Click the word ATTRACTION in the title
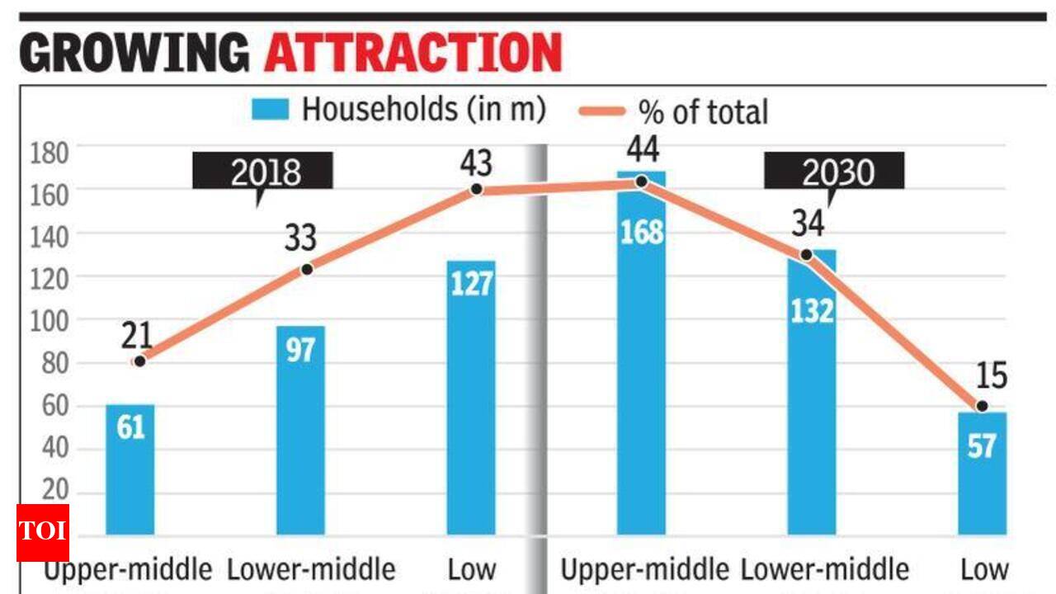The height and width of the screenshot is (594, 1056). [413, 53]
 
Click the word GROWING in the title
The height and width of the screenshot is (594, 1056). [134, 53]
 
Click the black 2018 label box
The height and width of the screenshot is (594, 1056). [262, 171]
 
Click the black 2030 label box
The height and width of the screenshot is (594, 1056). [833, 171]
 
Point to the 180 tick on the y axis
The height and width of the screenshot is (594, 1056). [49, 153]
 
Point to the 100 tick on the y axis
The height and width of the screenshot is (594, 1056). [49, 320]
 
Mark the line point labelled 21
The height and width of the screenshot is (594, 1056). [139, 361]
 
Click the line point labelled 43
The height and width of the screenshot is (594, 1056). [477, 190]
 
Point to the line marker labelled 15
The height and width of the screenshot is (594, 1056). [982, 406]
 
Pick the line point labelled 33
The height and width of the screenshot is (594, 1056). [307, 269]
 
